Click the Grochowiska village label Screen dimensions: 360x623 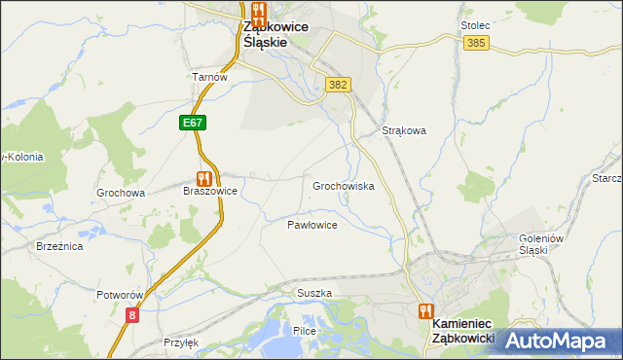click(343, 185)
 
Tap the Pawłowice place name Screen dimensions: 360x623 click(311, 225)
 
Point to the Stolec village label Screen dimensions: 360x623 click(474, 25)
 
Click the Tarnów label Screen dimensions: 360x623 click(209, 78)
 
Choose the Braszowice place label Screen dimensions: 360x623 click(210, 192)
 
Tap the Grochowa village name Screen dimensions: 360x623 click(121, 193)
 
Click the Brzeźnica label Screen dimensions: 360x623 click(59, 247)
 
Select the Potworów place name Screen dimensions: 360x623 click(121, 294)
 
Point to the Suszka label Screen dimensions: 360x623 click(314, 293)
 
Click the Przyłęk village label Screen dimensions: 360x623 click(181, 342)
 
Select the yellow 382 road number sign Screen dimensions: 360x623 click(338, 85)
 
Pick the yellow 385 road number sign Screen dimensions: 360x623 click(476, 44)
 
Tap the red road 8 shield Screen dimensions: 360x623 click(132, 314)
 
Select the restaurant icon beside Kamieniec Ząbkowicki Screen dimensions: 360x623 click(425, 311)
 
